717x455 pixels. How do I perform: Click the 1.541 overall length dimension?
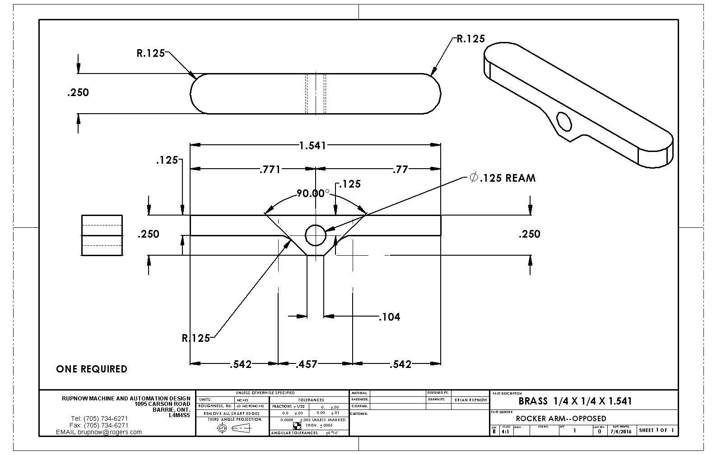[x=312, y=146]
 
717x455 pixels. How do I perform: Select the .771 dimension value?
[x=270, y=170]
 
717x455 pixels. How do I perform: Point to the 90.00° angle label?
[x=313, y=193]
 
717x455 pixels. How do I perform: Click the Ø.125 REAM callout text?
[x=503, y=178]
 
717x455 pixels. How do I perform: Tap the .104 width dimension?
[x=389, y=317]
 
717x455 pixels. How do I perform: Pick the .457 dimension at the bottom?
[x=306, y=364]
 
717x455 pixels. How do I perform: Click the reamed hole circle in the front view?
[x=316, y=234]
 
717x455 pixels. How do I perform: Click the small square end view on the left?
[x=102, y=235]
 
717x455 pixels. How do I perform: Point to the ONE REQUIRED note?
[x=92, y=369]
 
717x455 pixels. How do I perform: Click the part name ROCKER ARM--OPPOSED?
[x=561, y=418]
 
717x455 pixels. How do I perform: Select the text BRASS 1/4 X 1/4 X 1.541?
[x=575, y=401]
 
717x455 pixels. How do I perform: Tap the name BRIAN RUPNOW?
[x=470, y=400]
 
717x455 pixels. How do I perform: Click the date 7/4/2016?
[x=621, y=432]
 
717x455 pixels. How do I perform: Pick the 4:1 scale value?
[x=506, y=432]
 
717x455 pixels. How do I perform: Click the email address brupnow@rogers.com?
[x=99, y=432]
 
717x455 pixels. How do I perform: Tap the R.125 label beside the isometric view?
[x=470, y=39]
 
